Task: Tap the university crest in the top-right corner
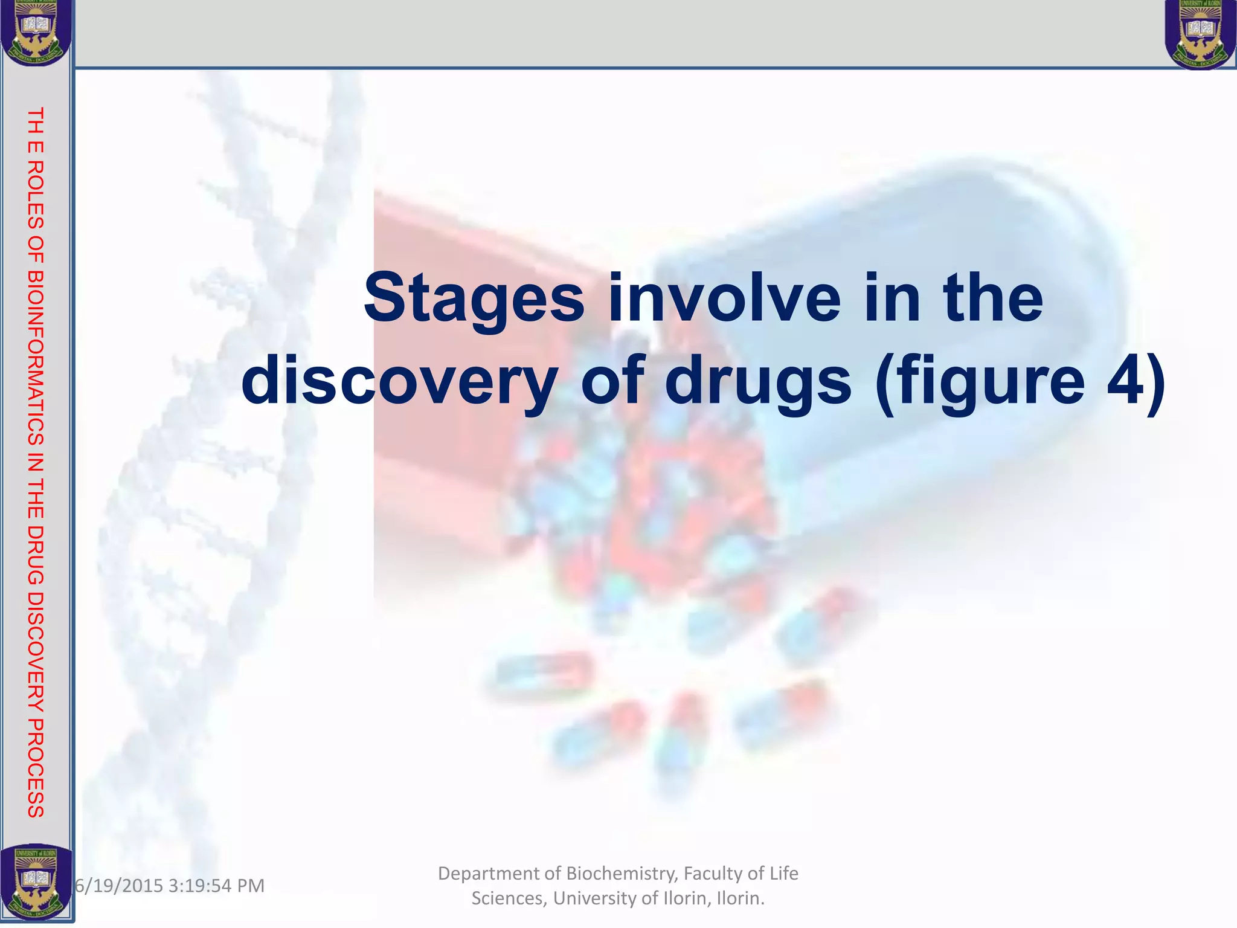[x=1200, y=34]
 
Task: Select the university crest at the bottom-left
[x=36, y=882]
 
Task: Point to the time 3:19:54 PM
[x=216, y=886]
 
